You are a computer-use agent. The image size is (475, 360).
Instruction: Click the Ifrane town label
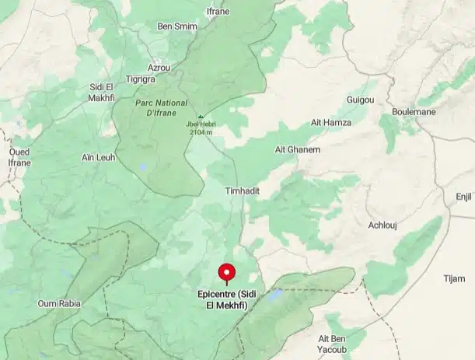218,12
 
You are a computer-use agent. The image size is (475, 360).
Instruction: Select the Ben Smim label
177,26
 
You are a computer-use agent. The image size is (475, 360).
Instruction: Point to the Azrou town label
159,68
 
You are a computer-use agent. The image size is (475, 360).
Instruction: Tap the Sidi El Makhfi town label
102,91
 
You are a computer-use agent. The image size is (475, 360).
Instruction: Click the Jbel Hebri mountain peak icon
200,117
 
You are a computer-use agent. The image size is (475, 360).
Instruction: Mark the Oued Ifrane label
19,157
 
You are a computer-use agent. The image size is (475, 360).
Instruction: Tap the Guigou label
360,100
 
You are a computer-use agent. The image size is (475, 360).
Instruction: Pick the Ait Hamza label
331,123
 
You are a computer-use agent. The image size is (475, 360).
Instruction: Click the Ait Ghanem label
292,149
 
